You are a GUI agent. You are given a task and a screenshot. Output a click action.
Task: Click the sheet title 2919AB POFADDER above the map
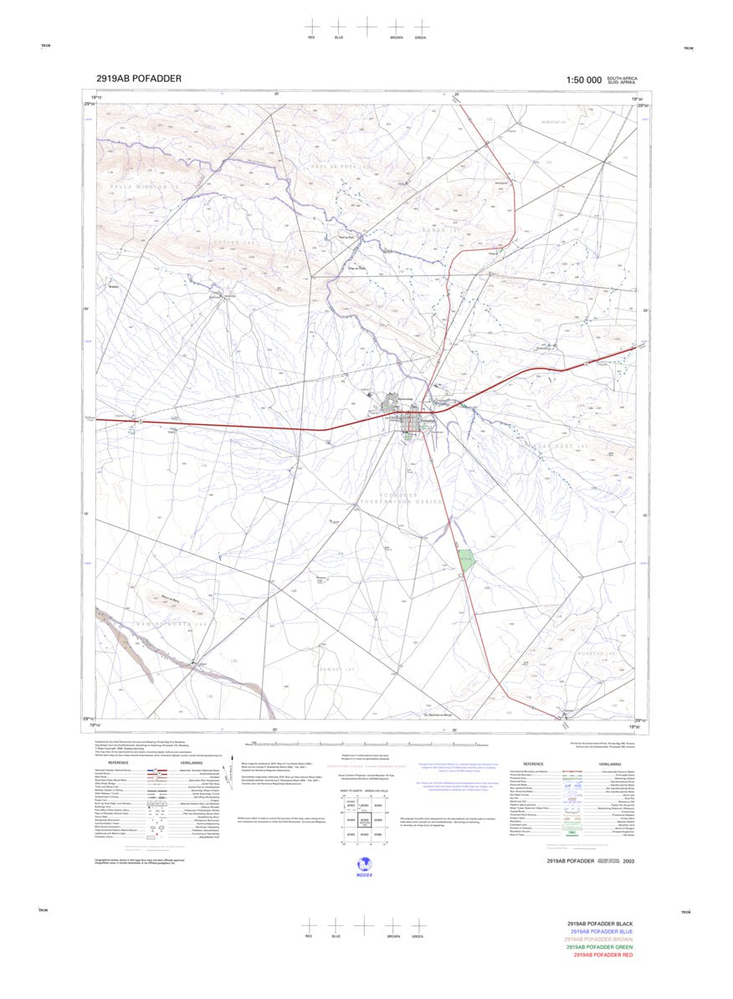[139, 79]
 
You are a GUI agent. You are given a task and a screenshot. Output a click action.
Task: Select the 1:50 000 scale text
[583, 80]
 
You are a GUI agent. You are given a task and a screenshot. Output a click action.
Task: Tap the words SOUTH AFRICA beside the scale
[622, 78]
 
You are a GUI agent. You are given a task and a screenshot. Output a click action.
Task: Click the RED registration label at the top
[311, 38]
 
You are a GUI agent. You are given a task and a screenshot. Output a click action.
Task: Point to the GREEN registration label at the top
[421, 38]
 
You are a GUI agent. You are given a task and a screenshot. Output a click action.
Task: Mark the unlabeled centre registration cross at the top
[366, 26]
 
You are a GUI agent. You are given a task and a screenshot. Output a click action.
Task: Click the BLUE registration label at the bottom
[336, 936]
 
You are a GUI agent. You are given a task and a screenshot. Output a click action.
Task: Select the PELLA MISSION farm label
[138, 186]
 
